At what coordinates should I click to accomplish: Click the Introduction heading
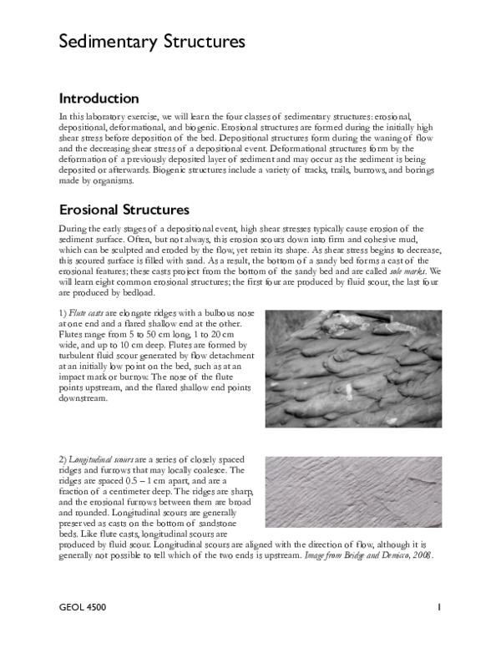(99, 99)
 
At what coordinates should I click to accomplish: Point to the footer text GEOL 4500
(83, 606)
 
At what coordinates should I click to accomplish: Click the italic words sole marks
(407, 272)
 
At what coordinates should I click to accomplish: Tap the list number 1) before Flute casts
(63, 311)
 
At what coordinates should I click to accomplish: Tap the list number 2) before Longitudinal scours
(63, 460)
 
